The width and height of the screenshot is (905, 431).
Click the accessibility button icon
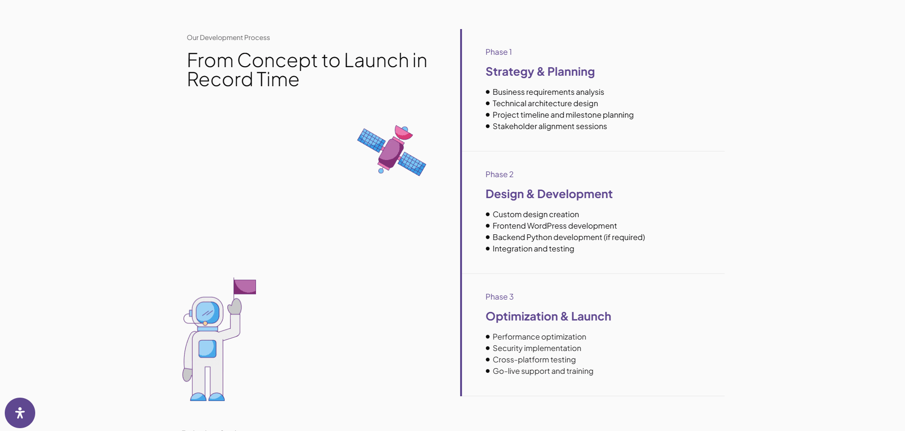20,413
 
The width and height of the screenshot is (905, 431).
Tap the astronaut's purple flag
245,287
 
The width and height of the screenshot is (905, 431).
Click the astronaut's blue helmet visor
207,312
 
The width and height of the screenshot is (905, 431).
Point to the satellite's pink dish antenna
403,132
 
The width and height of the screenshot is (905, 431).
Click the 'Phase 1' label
498,52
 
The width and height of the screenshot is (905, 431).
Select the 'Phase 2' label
499,174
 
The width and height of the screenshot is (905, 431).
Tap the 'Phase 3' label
499,297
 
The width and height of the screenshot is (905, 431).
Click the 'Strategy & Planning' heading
540,72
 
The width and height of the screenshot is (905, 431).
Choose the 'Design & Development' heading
549,194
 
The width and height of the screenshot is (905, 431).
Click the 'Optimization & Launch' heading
548,317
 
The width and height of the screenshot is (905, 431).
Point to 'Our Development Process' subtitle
228,38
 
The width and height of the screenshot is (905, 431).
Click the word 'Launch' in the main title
376,60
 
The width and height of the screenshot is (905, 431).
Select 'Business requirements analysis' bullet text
548,92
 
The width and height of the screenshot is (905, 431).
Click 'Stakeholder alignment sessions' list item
550,126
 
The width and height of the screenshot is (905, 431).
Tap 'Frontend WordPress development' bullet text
554,226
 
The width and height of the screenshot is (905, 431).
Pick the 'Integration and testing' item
533,249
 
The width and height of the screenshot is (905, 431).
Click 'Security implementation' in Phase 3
537,348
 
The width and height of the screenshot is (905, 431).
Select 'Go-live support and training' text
543,371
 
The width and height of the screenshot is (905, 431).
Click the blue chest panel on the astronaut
207,349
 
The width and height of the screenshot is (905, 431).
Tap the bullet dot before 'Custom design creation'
488,214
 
